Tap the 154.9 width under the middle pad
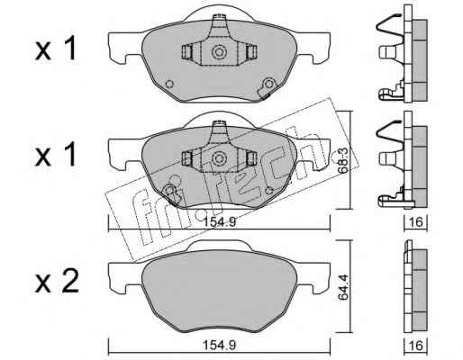(220, 222)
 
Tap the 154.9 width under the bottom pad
(220, 345)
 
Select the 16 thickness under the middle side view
(416, 222)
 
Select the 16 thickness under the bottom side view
(416, 346)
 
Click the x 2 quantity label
(57, 281)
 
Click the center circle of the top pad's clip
(219, 52)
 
